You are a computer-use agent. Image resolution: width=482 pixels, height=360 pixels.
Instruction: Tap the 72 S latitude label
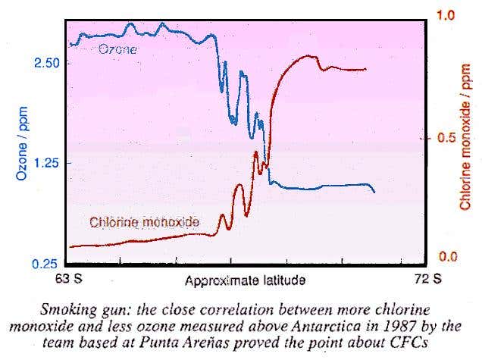click(x=429, y=278)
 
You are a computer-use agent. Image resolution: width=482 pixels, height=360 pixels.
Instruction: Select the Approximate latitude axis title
click(x=245, y=280)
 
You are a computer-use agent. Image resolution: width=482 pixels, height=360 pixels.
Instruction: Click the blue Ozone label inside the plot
click(x=118, y=49)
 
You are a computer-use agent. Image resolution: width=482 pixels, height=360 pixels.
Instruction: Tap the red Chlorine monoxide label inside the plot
click(x=144, y=222)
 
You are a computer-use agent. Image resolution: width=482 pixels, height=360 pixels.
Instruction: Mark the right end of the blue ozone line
click(x=374, y=193)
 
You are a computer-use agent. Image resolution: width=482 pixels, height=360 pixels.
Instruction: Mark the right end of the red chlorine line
click(x=366, y=69)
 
